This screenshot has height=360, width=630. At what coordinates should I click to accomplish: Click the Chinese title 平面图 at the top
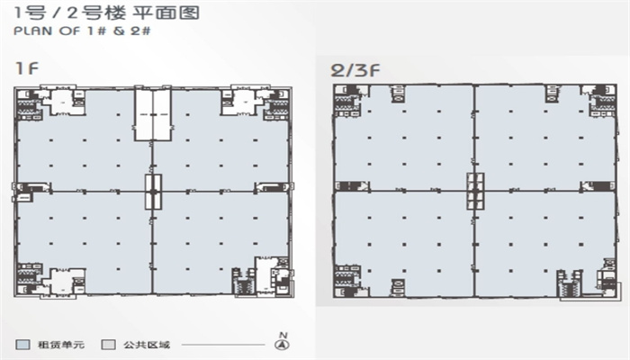pos(166,13)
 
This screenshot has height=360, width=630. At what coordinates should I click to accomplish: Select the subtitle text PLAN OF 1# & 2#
pos(83,31)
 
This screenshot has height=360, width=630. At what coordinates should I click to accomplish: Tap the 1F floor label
pos(26,67)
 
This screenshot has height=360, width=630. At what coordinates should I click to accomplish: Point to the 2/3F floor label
pos(355,71)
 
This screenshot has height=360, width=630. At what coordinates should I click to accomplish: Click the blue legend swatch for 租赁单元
pos(22,345)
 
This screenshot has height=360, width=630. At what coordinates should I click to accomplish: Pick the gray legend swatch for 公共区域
pos(109,345)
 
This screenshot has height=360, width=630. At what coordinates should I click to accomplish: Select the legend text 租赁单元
pos(61,345)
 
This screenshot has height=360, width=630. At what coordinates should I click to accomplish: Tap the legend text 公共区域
pos(147,345)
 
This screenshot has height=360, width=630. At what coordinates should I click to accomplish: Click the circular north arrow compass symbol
pos(283,345)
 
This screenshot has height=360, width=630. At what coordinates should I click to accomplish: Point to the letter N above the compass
pos(283,335)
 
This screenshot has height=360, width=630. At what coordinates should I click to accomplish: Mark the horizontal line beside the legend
pos(223,345)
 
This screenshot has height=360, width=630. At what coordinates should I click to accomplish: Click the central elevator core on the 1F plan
pos(153,192)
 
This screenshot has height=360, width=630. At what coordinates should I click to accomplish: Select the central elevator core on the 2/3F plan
pos(475,191)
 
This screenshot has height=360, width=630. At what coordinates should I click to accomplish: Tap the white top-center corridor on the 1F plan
pos(153,114)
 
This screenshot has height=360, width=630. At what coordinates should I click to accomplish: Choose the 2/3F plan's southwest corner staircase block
pos(348,281)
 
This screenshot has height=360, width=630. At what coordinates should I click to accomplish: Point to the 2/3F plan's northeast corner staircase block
pos(602,101)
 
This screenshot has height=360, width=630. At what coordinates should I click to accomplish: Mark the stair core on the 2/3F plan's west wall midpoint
pos(352,186)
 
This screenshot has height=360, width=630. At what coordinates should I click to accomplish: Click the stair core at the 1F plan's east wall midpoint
pos(272,187)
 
